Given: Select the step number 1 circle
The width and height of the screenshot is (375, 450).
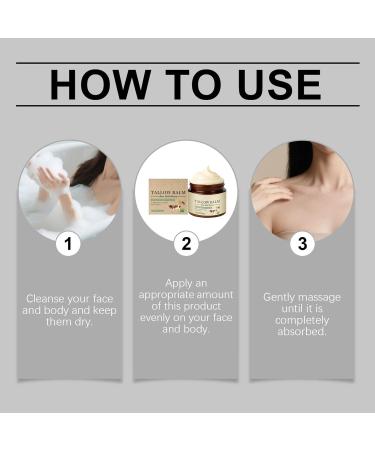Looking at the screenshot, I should pyautogui.click(x=68, y=242).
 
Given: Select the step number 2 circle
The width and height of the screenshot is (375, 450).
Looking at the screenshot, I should pyautogui.click(x=187, y=242).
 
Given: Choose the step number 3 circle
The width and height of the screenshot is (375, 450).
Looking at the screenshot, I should pyautogui.click(x=303, y=242).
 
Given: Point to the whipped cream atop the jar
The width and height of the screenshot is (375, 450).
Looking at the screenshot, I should pyautogui.click(x=206, y=176).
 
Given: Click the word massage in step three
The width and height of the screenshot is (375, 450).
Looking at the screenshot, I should pyautogui.click(x=318, y=298).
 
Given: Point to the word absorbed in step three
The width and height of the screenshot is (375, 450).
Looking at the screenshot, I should pyautogui.click(x=303, y=333).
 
